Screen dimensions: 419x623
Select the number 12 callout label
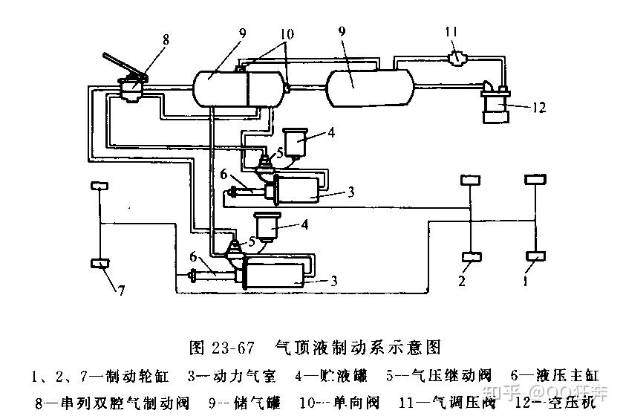(x=538, y=108)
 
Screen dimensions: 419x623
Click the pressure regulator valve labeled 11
(x=454, y=56)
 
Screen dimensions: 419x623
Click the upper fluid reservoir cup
(x=298, y=142)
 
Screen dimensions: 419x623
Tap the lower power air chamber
(x=275, y=273)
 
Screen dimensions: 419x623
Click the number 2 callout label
(x=462, y=282)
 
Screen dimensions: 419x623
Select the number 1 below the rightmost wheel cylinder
(x=526, y=282)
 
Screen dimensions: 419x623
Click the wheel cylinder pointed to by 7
(x=100, y=262)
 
